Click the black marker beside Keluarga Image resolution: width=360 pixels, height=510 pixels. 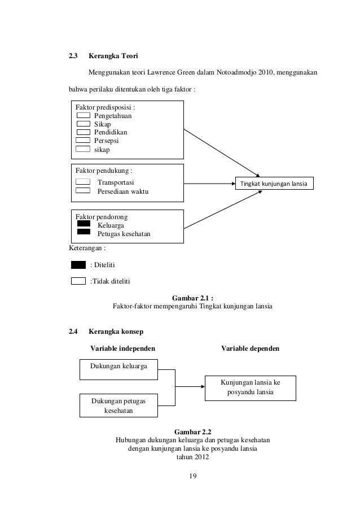point(84,224)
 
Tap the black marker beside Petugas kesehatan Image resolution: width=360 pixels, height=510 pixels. point(84,232)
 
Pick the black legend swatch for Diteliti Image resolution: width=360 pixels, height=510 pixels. point(78,264)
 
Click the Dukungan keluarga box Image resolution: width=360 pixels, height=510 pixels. point(118,367)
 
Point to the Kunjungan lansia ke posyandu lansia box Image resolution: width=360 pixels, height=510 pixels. point(249,387)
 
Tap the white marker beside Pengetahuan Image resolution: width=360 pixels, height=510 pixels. point(83,115)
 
